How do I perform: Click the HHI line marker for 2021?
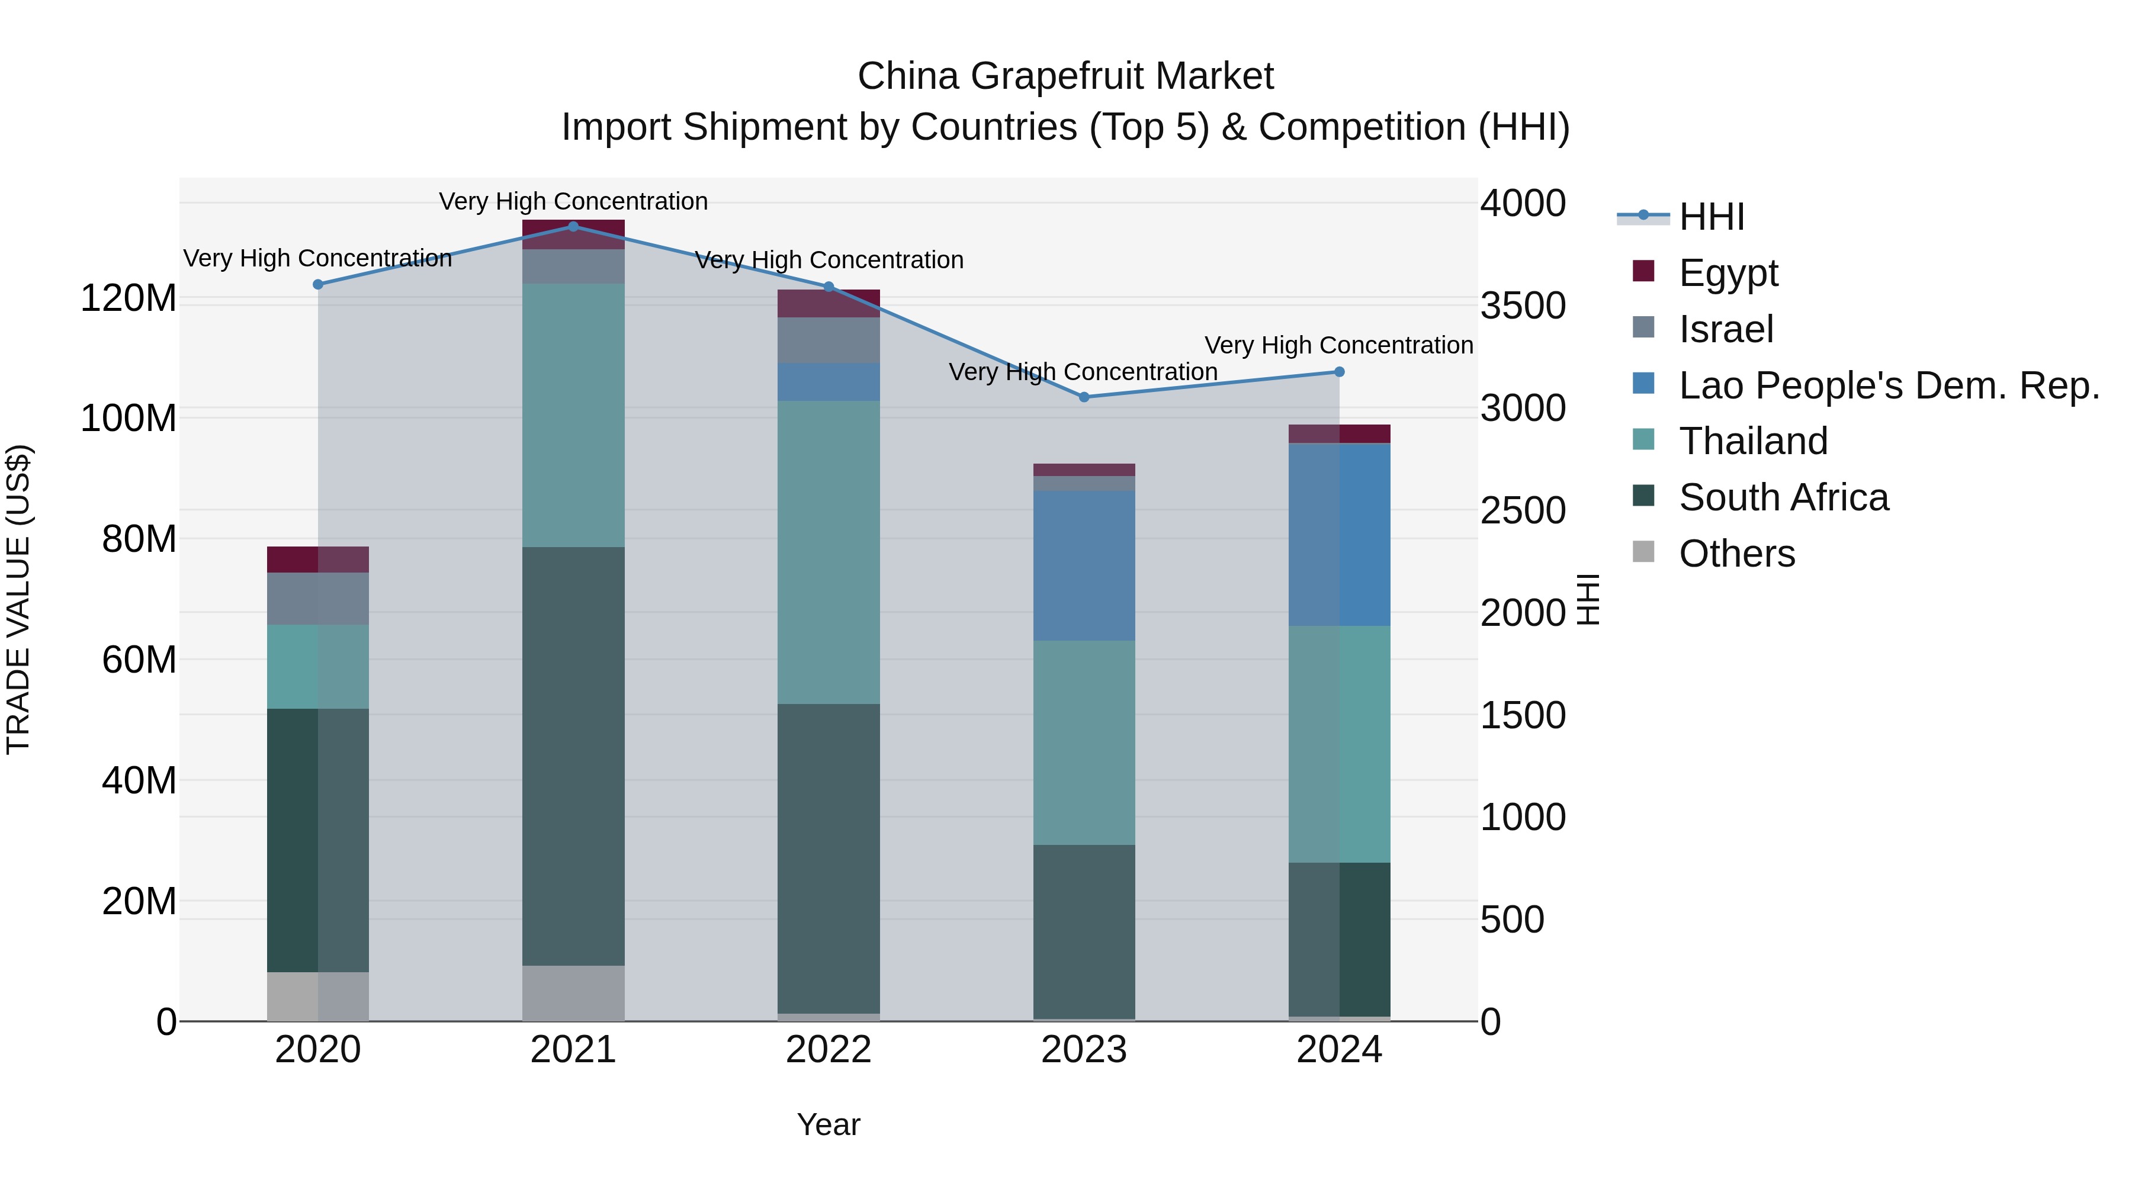click(x=573, y=227)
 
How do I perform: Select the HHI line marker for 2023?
click(x=1084, y=397)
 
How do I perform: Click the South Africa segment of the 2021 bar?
click(x=573, y=756)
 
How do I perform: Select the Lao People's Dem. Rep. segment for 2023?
click(x=1084, y=565)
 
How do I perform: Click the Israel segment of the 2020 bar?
click(x=318, y=598)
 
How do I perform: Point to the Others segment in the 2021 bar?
click(x=573, y=992)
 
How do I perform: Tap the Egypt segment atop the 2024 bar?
click(x=1339, y=433)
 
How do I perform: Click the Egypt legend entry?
click(x=1728, y=273)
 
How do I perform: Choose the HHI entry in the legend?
click(x=1712, y=217)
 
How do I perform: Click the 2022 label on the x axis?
click(x=829, y=1050)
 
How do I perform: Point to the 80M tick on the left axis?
click(x=139, y=539)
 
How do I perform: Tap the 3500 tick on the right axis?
click(x=1523, y=306)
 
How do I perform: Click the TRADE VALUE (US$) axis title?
click(x=18, y=599)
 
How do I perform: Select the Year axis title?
click(x=829, y=1124)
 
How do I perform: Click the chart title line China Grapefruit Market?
click(x=1065, y=76)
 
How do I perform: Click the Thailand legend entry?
click(x=1753, y=441)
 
